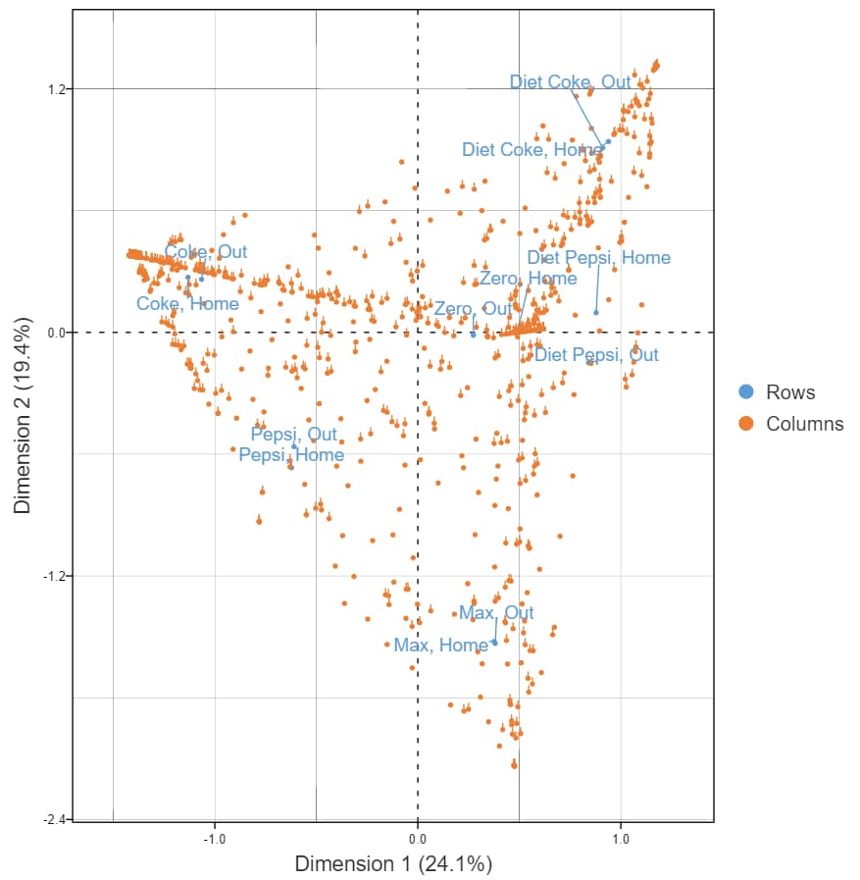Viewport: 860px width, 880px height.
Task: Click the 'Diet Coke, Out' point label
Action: pos(570,82)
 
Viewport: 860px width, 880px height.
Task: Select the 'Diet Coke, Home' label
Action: pos(531,149)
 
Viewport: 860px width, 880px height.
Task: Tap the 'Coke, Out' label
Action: pos(206,252)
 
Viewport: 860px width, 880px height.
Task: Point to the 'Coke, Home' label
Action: pos(187,304)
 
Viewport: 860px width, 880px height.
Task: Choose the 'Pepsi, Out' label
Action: pos(293,434)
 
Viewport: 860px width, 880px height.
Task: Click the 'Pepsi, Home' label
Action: pos(291,455)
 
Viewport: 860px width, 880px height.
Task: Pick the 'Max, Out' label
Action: pos(496,613)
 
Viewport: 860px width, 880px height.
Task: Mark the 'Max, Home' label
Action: pos(440,646)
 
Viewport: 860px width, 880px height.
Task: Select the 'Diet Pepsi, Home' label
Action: pos(598,258)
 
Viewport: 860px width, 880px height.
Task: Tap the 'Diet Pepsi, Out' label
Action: pos(596,354)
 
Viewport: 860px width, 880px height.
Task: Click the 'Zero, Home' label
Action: pos(528,279)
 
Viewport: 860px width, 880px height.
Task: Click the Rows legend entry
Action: pos(789,392)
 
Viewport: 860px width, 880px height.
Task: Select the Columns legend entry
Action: pos(804,424)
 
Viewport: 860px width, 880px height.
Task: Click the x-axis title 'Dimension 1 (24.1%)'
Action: pos(393,864)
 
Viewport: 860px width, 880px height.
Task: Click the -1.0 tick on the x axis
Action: pos(215,839)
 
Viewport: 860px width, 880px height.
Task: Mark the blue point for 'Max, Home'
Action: pos(494,643)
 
